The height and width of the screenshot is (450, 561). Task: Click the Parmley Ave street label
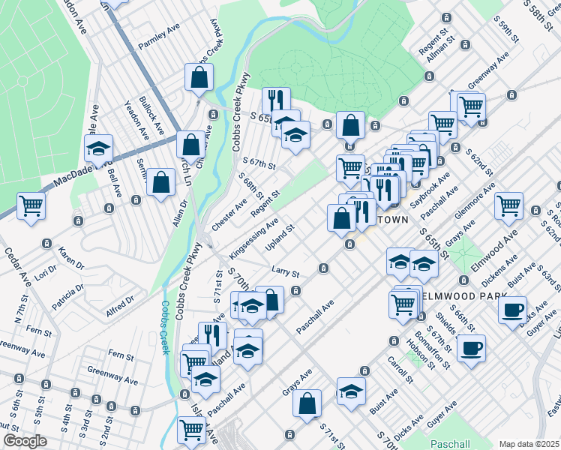coord(160,46)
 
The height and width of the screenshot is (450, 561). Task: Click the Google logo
coord(25,441)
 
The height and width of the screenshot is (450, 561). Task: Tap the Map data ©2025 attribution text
coord(529,444)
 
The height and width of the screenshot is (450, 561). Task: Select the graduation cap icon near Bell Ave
coord(98,148)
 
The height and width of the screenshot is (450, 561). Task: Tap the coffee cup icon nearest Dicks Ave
coord(513,310)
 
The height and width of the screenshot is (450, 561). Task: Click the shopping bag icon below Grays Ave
coord(307,403)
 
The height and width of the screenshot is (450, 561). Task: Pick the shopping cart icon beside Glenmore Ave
coord(509,204)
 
